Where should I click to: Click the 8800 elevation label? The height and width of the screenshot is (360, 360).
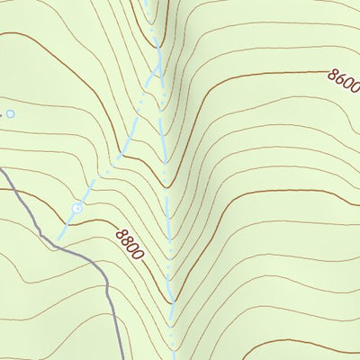[x=130, y=244]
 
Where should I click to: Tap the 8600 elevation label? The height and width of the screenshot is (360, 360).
[x=343, y=83]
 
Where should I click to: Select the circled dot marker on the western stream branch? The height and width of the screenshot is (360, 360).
[x=77, y=208]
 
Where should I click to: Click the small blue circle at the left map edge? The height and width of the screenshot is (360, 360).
[x=11, y=114]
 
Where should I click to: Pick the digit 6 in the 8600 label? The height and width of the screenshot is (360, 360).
[x=339, y=79]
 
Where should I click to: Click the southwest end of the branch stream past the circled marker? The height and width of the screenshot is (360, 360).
[x=59, y=239]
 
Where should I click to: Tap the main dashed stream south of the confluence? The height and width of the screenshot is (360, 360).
[x=164, y=135]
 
